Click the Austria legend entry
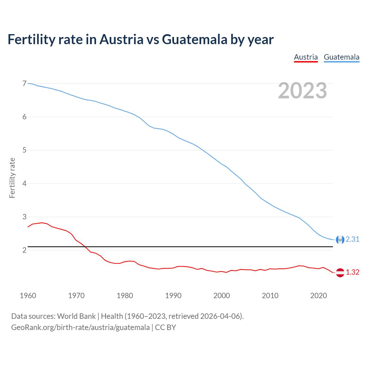point(306,57)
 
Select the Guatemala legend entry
point(341,57)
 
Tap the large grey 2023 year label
point(302,91)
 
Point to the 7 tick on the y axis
point(24,84)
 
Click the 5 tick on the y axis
point(24,150)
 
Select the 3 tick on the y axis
point(24,217)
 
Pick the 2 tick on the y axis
point(24,250)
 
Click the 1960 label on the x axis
point(28,296)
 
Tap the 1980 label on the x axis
point(125,296)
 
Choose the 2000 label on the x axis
point(221,296)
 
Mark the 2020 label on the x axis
point(318,296)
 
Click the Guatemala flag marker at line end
point(340,239)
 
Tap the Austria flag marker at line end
point(340,272)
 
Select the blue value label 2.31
point(352,239)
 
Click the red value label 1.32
point(352,272)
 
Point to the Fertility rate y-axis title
point(12,178)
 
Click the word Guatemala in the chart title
point(194,39)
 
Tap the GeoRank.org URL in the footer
point(80,327)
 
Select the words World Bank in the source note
point(76,316)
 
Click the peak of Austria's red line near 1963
point(42,222)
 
